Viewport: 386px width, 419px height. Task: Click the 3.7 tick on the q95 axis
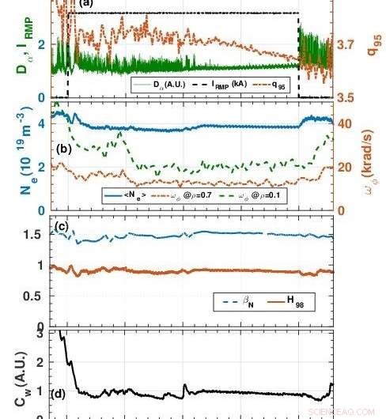point(347,47)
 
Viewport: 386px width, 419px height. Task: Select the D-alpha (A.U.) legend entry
point(157,81)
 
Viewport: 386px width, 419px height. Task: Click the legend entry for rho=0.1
point(255,192)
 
